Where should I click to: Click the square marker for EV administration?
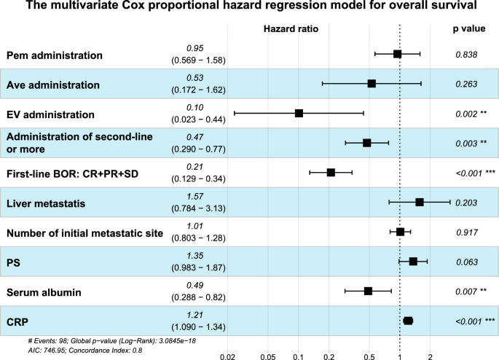299,113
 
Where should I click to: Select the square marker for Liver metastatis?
420,202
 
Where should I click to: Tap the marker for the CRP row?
408,321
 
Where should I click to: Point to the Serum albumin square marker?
368,291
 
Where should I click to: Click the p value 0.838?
465,54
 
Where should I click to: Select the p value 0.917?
465,232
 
